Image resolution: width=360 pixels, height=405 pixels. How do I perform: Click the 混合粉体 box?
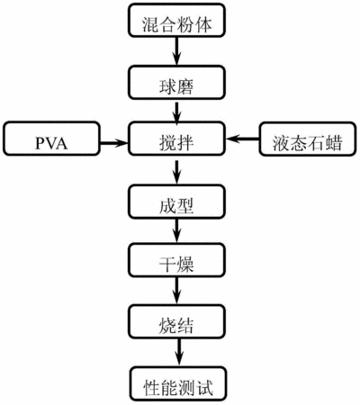click(176, 21)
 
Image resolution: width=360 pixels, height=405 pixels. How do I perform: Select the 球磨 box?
click(176, 83)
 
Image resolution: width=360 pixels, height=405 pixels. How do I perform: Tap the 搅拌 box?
click(176, 139)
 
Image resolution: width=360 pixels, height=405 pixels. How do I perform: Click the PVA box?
click(51, 139)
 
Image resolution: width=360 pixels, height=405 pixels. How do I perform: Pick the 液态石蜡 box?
click(308, 139)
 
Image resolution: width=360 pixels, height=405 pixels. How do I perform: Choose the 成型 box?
click(176, 202)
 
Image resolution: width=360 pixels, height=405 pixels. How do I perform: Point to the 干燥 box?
click(176, 260)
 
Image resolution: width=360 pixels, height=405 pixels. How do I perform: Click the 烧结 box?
click(176, 321)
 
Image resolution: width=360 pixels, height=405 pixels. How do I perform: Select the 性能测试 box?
click(178, 383)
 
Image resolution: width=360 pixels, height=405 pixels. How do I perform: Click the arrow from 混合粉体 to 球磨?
click(176, 51)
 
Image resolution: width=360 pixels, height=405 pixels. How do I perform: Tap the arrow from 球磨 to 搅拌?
click(176, 112)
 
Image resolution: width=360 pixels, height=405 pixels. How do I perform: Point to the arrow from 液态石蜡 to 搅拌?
click(242, 139)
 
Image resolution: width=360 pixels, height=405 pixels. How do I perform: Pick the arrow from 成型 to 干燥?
click(176, 230)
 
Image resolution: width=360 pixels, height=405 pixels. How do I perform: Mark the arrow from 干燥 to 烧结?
click(176, 291)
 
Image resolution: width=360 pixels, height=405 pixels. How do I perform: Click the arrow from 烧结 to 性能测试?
click(179, 353)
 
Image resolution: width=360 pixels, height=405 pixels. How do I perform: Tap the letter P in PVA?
click(40, 143)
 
